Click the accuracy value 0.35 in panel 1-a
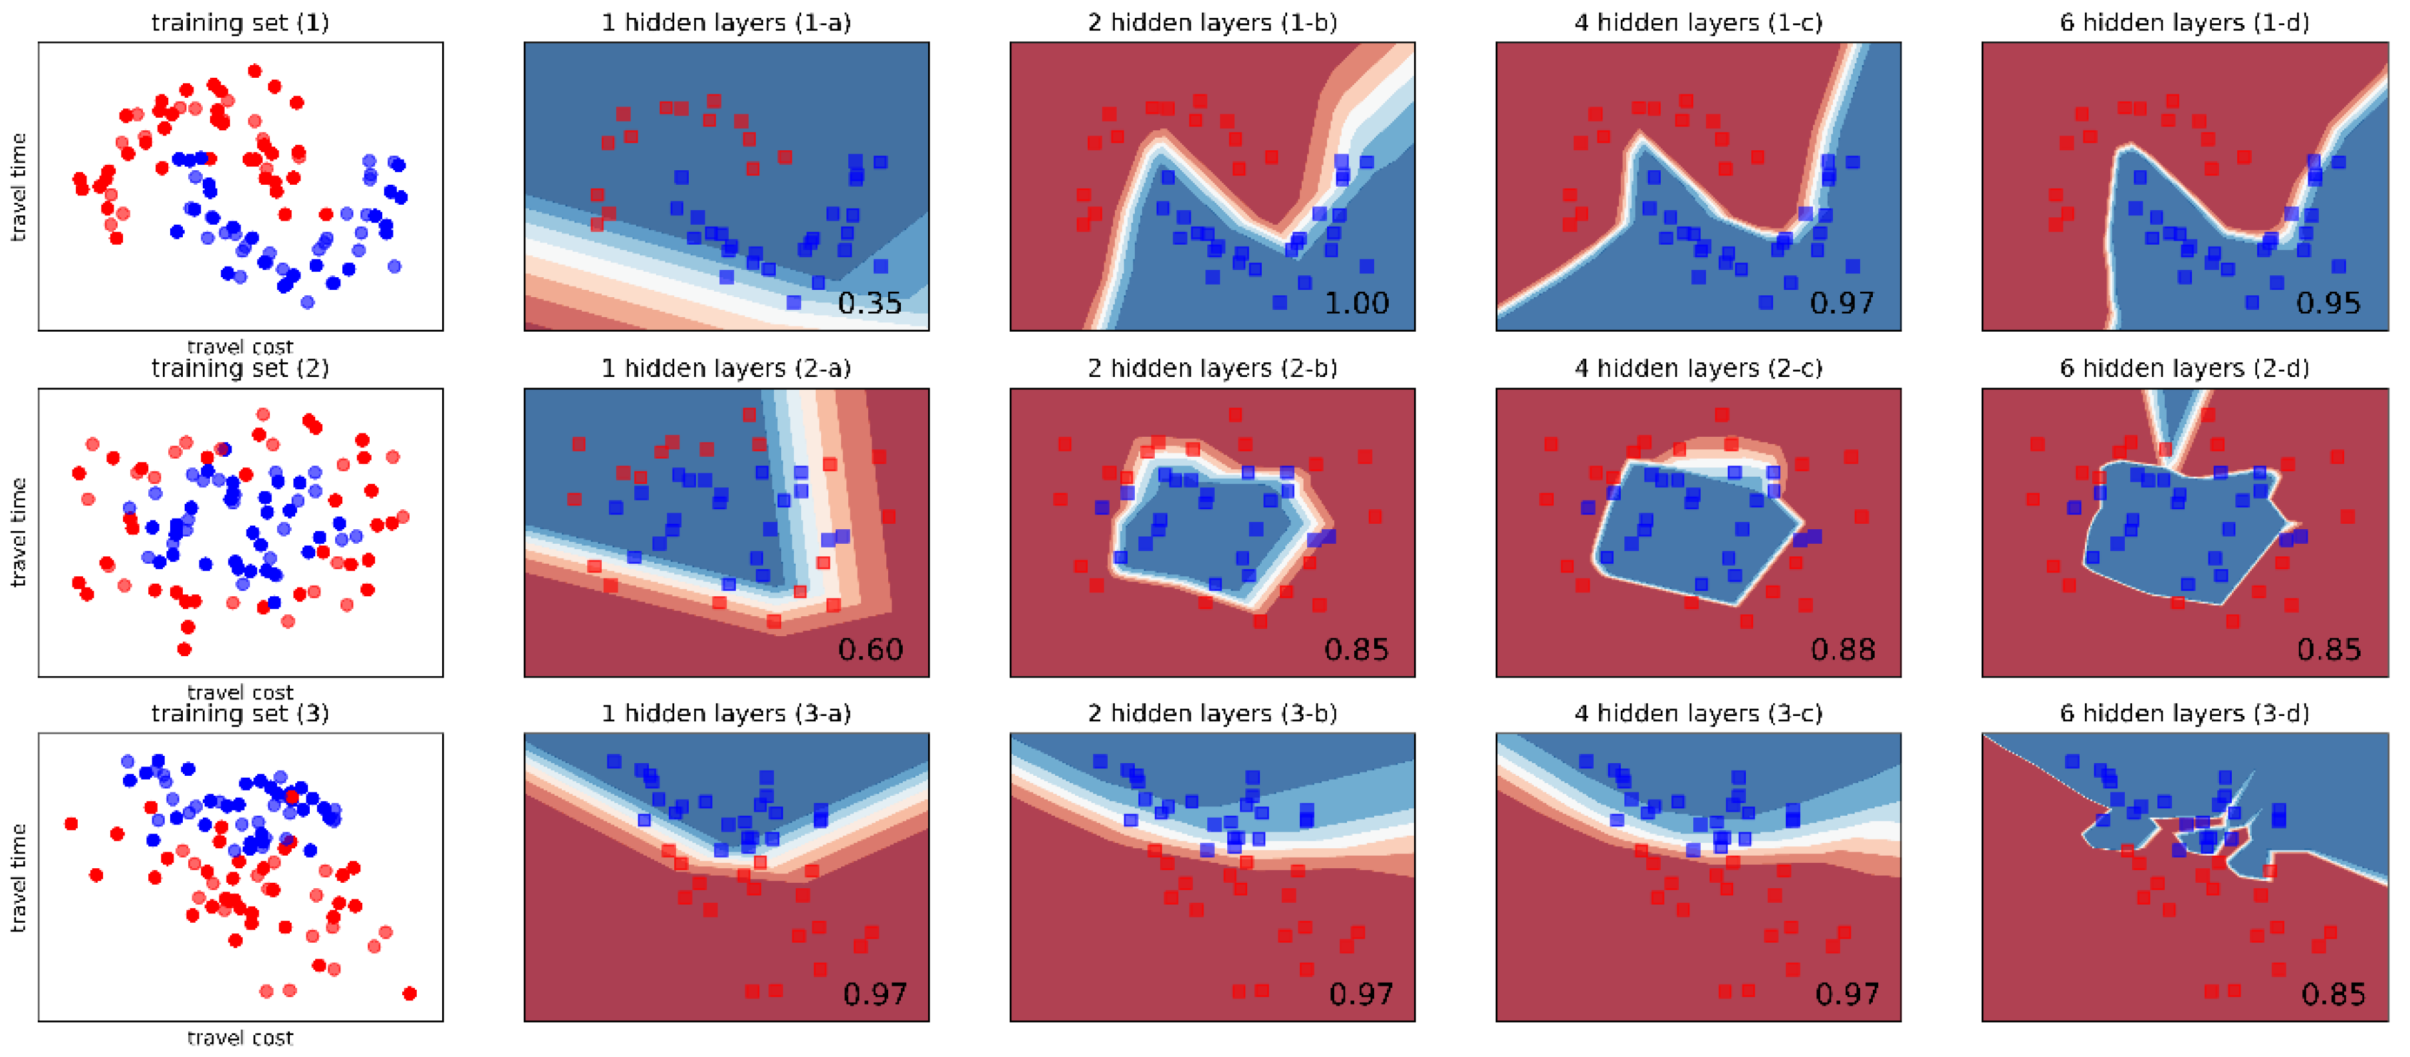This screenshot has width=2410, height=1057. [869, 303]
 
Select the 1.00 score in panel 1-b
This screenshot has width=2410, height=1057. [1356, 303]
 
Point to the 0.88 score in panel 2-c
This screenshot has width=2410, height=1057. [1843, 649]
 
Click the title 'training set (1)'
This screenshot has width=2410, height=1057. [241, 23]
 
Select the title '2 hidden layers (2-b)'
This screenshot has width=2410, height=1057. [1213, 368]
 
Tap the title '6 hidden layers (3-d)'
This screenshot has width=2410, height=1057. [2185, 714]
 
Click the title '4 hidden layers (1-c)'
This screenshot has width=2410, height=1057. [1698, 23]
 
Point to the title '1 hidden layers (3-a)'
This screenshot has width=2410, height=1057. [726, 714]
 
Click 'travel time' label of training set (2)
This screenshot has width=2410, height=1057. [19, 532]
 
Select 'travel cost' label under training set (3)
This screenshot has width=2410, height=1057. [241, 1037]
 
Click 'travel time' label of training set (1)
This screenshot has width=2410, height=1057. [19, 187]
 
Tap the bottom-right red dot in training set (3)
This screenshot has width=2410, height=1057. [409, 993]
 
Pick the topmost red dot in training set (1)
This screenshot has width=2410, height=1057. [255, 70]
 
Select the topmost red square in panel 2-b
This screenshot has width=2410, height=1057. [1235, 414]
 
